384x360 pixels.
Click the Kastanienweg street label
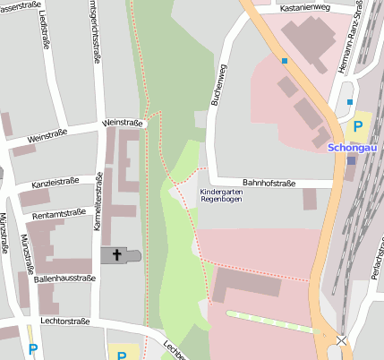[x=304, y=7]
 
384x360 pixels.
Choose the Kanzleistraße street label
[x=55, y=182]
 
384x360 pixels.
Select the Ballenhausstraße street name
[x=64, y=279]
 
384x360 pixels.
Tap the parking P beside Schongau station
[x=358, y=126]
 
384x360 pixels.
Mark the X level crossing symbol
[x=340, y=341]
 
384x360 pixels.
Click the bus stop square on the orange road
[x=285, y=61]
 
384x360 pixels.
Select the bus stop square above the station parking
[x=350, y=102]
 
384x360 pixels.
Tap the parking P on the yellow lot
[x=122, y=355]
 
